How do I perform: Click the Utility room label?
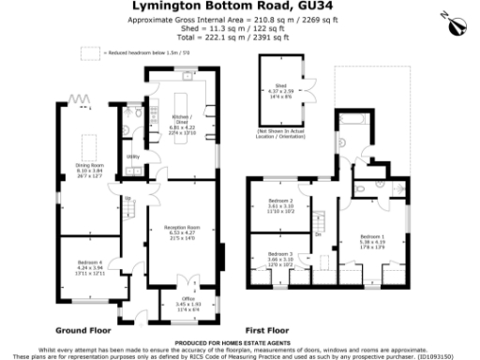pyautogui.click(x=132, y=157)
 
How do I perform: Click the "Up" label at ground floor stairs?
pyautogui.click(x=125, y=198)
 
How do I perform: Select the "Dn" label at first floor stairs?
pyautogui.click(x=319, y=233)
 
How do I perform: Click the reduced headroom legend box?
pyautogui.click(x=90, y=54)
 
